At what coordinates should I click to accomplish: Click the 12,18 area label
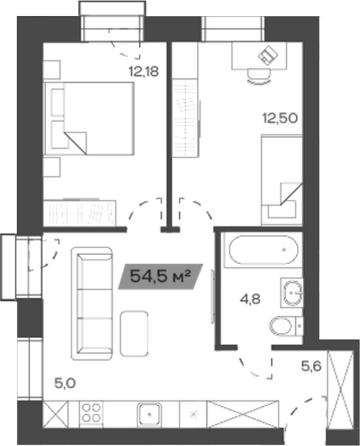click(x=143, y=71)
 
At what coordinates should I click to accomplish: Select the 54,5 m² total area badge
click(x=161, y=277)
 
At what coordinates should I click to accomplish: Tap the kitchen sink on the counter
click(x=151, y=412)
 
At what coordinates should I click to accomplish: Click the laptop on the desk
click(x=268, y=57)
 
